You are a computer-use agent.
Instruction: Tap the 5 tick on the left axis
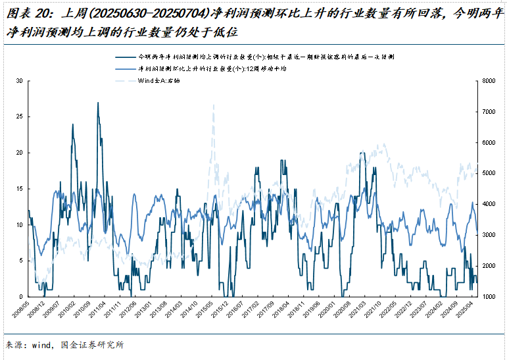pyautogui.click(x=21, y=261)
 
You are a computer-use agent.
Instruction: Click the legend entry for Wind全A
pyautogui.click(x=158, y=80)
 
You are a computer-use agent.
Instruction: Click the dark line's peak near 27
pyautogui.click(x=98, y=103)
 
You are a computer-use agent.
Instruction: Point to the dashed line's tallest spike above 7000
pyautogui.click(x=213, y=105)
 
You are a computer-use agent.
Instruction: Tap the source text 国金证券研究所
pyautogui.click(x=91, y=344)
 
